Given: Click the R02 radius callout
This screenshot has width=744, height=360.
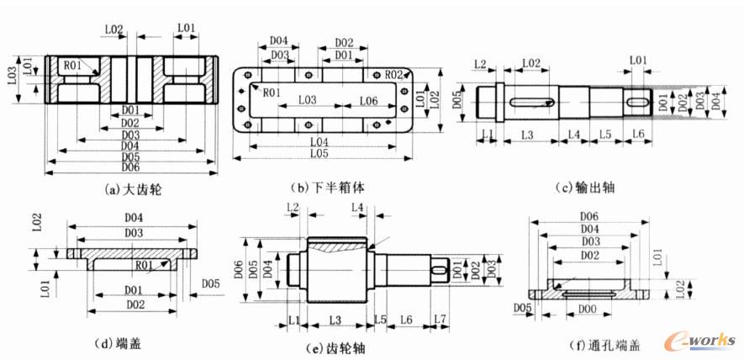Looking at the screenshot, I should coord(394,76).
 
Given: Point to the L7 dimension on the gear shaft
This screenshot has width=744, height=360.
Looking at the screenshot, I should coord(440,320).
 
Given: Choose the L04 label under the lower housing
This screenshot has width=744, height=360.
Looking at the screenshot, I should coord(317,141).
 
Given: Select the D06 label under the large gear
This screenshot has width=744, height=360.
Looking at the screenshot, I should coord(130,168).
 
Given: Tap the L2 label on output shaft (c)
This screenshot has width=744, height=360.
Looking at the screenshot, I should coord(481,64).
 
